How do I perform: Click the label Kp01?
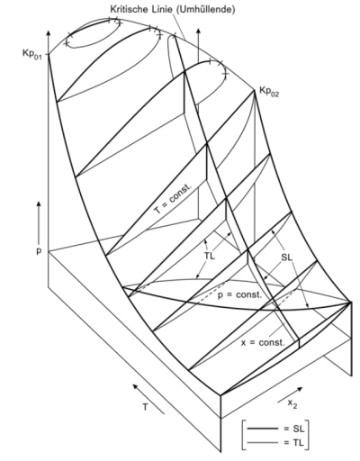(x=31, y=54)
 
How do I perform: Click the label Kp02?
(x=269, y=92)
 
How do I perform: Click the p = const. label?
(x=239, y=295)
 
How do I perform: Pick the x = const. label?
(x=263, y=342)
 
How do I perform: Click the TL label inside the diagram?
(x=210, y=257)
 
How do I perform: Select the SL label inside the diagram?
(x=286, y=258)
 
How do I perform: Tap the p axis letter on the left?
(x=39, y=251)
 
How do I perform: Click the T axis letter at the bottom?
(x=145, y=407)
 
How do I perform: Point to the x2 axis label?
(x=292, y=403)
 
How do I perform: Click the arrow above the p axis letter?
(x=39, y=222)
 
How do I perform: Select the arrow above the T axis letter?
(x=148, y=399)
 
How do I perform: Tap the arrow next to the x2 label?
(x=290, y=394)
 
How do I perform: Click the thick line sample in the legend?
(x=262, y=429)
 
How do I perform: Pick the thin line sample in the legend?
(x=262, y=442)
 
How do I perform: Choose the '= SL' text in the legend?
(x=294, y=429)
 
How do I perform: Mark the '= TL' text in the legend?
(x=294, y=442)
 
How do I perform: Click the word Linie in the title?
(x=159, y=9)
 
